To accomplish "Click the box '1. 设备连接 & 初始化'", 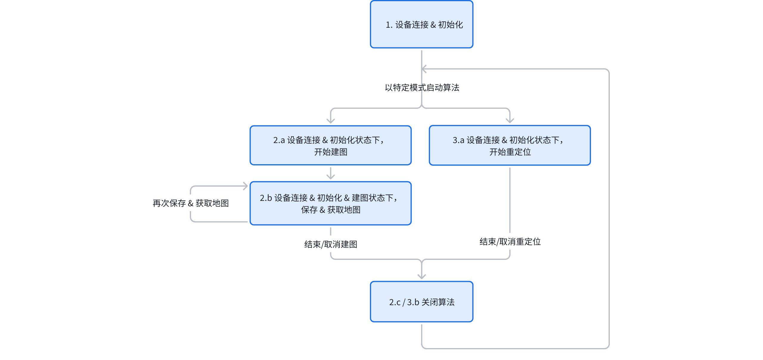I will [421, 24].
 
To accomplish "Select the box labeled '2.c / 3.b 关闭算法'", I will [421, 302].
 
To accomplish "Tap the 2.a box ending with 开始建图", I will [331, 145].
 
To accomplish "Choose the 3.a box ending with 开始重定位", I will [510, 145].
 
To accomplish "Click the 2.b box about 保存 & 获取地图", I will [331, 203].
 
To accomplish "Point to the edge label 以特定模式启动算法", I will [422, 88].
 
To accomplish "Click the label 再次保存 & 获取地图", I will [191, 203].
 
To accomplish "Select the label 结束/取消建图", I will [331, 244].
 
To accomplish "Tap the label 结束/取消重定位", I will [510, 242].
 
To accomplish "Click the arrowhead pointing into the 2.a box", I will [331, 121].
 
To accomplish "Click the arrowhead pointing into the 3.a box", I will [510, 120].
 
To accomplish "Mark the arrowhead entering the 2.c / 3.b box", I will [421, 276].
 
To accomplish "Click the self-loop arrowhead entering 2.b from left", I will [245, 186].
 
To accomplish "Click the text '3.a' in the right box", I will [458, 140].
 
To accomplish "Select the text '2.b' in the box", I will [266, 198].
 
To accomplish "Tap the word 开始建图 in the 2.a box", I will [331, 152].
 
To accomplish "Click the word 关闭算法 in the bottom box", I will [438, 302].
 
